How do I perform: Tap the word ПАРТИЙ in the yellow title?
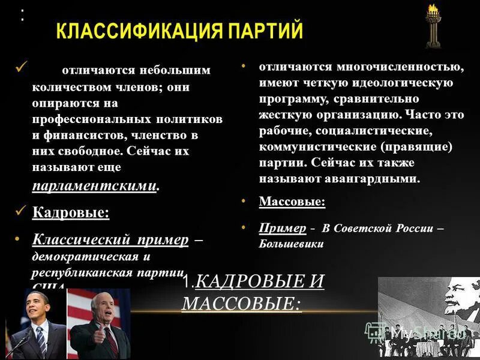coord(266,31)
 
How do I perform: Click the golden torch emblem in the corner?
coord(431,25)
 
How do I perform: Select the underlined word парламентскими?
coord(95,186)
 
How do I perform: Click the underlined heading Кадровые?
coord(70,212)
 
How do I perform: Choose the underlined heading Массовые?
coord(292,202)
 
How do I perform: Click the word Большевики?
coord(291,244)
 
